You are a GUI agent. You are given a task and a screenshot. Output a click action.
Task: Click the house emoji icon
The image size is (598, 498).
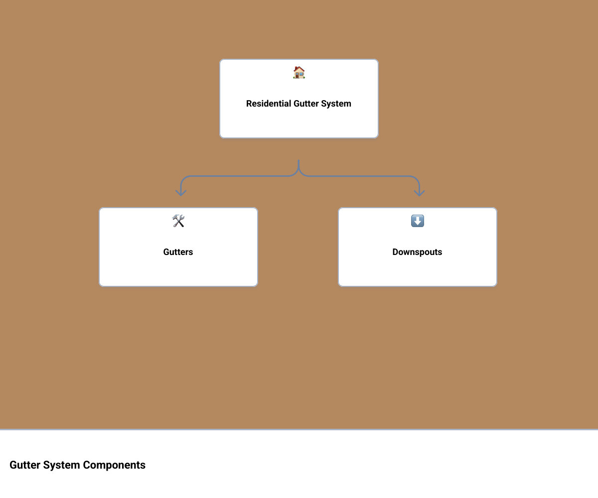[x=299, y=72]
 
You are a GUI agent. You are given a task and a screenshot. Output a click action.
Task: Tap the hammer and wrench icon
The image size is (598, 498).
[x=178, y=221]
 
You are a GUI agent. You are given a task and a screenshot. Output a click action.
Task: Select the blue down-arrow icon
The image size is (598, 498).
[x=417, y=221]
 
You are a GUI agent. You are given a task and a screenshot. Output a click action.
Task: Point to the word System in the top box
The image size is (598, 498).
[x=336, y=104]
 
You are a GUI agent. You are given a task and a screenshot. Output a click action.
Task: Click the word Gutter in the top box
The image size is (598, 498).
[x=306, y=104]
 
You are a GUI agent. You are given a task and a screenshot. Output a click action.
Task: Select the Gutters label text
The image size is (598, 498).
[x=178, y=252]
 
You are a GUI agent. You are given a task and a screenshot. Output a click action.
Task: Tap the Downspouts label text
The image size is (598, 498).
[x=417, y=252]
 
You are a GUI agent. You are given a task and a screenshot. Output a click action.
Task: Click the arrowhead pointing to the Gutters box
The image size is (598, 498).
[x=181, y=193]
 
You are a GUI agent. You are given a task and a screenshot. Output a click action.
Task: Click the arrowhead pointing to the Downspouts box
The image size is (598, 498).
[x=419, y=193]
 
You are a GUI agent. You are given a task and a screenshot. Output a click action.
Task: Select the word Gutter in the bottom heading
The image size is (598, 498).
[x=25, y=465]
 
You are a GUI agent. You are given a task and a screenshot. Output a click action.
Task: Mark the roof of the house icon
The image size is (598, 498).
[x=299, y=69]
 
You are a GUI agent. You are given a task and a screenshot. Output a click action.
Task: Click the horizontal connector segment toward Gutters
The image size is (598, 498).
[x=239, y=176]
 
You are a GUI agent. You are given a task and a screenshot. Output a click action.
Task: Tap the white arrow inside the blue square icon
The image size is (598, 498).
[x=417, y=221]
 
